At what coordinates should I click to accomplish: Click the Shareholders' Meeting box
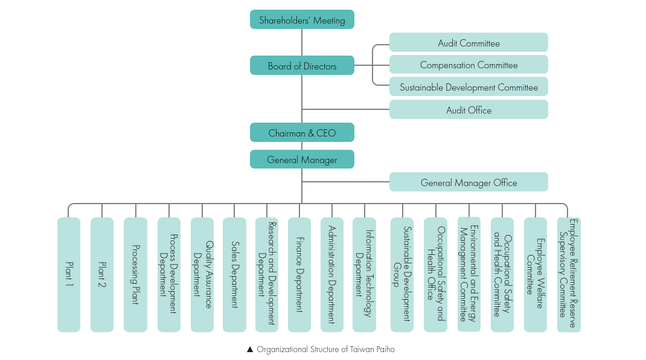(x=302, y=19)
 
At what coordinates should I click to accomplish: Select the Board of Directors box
(x=302, y=65)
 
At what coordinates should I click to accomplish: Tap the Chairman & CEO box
(x=302, y=132)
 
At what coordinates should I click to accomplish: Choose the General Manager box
(x=302, y=159)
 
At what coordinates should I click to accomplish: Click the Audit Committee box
(x=469, y=43)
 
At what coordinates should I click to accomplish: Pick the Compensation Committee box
(x=469, y=65)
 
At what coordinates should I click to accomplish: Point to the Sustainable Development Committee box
(x=469, y=87)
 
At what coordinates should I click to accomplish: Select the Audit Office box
(x=469, y=110)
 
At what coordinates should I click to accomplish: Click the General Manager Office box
(x=469, y=182)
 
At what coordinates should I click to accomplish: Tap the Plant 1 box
(x=69, y=275)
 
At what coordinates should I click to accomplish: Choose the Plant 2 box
(x=102, y=275)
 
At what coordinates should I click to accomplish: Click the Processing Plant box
(x=135, y=275)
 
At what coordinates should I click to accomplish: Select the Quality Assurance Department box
(x=202, y=275)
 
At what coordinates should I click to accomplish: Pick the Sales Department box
(x=234, y=275)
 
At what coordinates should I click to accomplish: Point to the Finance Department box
(x=299, y=275)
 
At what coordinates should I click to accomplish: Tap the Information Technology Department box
(x=364, y=275)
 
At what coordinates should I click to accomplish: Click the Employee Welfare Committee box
(x=536, y=275)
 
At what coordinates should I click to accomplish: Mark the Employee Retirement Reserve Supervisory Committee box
(x=568, y=275)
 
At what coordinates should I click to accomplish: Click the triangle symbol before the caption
(x=250, y=349)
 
